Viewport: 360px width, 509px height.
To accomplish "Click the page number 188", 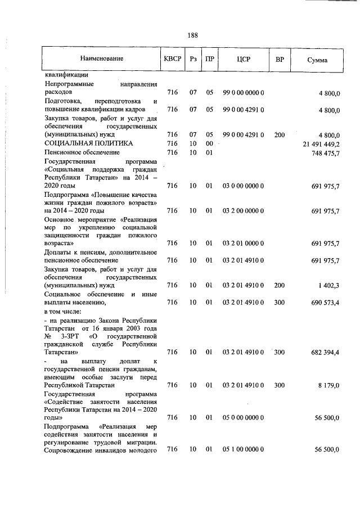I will (192, 35).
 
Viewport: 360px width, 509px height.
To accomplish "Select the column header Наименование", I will (101, 58).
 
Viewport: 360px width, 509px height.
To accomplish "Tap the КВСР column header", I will (172, 58).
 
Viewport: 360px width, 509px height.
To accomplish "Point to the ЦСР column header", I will (244, 58).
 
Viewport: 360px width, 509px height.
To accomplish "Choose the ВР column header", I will (280, 58).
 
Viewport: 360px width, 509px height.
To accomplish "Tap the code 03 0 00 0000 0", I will (244, 186).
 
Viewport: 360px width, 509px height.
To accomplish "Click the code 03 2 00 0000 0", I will (244, 210).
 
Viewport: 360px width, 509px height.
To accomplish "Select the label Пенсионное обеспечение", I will (82, 152).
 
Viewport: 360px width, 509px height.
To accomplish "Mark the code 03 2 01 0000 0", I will (244, 244).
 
